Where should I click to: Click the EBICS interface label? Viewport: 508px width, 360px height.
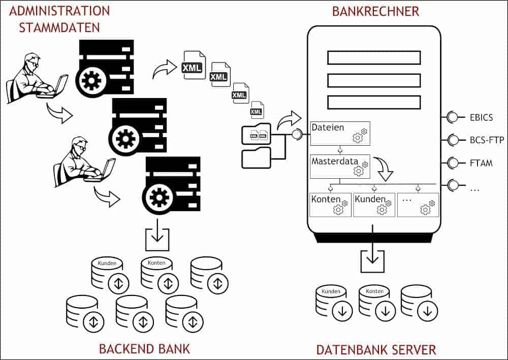tap(481, 117)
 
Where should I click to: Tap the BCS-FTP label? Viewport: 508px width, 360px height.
tap(487, 140)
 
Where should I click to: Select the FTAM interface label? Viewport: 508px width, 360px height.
tap(481, 163)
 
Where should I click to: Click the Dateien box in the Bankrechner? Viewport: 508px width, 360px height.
tap(340, 134)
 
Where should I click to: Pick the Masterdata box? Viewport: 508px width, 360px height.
tap(340, 167)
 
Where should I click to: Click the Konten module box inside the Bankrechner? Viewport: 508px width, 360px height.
tap(331, 205)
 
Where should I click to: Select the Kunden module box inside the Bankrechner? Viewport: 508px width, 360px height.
tap(374, 205)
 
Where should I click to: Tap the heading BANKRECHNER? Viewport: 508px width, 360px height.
tap(375, 11)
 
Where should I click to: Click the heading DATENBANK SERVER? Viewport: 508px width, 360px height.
tap(376, 350)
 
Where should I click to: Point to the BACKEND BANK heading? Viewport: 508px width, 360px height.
tap(144, 349)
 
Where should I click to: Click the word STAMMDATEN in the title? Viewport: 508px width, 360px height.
tap(59, 27)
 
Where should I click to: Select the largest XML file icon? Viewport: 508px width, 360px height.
tap(194, 65)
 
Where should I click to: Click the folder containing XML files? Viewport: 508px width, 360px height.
tap(256, 134)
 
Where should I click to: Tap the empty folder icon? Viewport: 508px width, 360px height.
tap(256, 158)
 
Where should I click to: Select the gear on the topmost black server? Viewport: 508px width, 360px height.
tap(89, 80)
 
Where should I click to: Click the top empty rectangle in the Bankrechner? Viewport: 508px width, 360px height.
tap(374, 58)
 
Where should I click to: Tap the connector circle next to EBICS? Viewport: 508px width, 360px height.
tap(452, 117)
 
